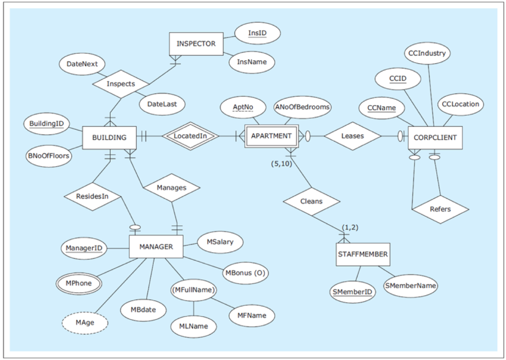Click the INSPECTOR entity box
[x=196, y=44]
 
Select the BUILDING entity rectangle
[x=109, y=137]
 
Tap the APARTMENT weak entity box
[x=271, y=136]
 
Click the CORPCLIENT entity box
[x=435, y=137]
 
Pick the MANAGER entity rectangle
[x=156, y=246]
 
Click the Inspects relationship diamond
[x=121, y=84]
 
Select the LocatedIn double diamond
[x=190, y=136]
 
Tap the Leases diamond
[x=352, y=136]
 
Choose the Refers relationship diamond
[x=440, y=209]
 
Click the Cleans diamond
[x=311, y=201]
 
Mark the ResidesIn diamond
[x=92, y=196]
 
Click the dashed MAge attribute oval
[x=85, y=323]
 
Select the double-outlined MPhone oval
[x=78, y=283]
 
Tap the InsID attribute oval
[x=257, y=33]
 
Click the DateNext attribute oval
[x=82, y=64]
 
